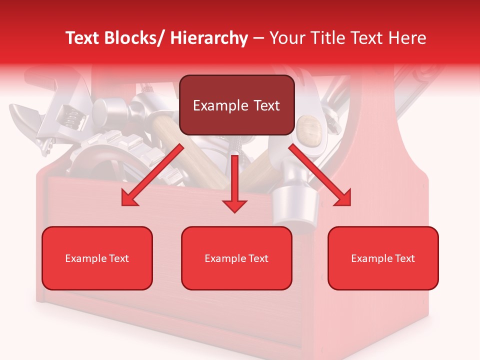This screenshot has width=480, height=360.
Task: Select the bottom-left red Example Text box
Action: point(97,258)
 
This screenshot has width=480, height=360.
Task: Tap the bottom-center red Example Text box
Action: point(236,258)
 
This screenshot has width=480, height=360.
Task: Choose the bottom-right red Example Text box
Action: point(383,258)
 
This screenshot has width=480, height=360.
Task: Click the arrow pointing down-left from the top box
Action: point(152,175)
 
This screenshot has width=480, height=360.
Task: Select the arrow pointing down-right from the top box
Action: point(320,175)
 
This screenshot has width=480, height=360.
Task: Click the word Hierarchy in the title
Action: point(209,38)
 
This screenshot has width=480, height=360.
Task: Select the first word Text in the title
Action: point(83,38)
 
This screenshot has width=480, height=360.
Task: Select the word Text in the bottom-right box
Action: point(404,258)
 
